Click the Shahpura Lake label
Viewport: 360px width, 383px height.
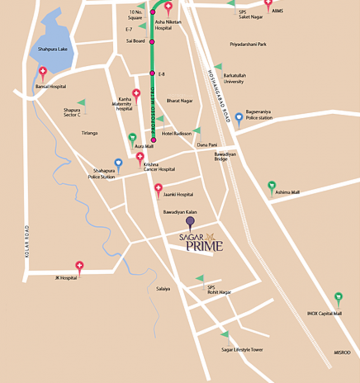pyautogui.click(x=52, y=48)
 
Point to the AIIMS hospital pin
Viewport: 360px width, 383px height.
pyautogui.click(x=268, y=5)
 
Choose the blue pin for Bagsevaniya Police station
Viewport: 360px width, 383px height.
pyautogui.click(x=239, y=118)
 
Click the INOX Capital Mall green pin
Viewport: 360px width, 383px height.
pyautogui.click(x=338, y=298)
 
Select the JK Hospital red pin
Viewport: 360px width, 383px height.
pyautogui.click(x=79, y=266)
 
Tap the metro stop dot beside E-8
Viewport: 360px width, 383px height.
pyautogui.click(x=152, y=74)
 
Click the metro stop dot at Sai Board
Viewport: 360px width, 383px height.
pyautogui.click(x=152, y=41)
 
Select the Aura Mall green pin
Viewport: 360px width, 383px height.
pyautogui.click(x=133, y=138)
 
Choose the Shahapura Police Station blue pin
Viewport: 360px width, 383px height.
pyautogui.click(x=118, y=163)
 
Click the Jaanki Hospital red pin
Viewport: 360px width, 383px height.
pyautogui.click(x=158, y=189)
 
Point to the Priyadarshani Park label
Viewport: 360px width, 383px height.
pyautogui.click(x=248, y=44)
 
